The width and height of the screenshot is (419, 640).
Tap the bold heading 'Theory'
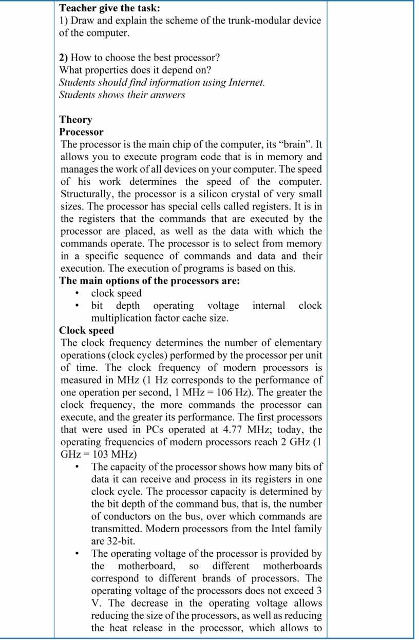click(x=75, y=120)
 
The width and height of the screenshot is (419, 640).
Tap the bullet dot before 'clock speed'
click(x=77, y=294)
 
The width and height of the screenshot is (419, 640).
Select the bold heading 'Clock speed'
click(x=86, y=330)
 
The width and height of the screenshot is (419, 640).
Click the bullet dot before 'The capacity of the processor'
click(x=77, y=467)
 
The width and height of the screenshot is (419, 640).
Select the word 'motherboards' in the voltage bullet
click(x=292, y=566)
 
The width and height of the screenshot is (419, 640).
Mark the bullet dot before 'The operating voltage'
click(x=77, y=554)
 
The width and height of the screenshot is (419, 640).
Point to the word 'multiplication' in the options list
click(x=121, y=318)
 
